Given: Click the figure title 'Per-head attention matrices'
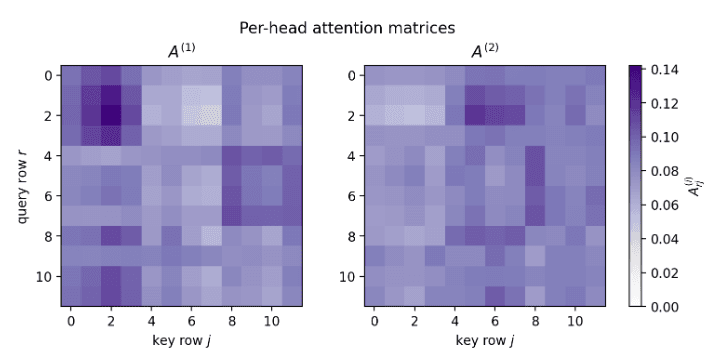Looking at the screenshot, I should point(360,27).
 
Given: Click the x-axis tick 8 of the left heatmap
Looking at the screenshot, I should point(232,320).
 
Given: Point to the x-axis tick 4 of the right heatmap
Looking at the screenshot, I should point(454,320).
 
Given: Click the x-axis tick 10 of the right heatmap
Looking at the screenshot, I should point(575,320).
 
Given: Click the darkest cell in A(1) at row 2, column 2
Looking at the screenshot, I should point(111,115).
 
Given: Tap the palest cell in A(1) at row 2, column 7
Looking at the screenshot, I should point(212,115).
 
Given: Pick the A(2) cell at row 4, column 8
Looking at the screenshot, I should point(535,155).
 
